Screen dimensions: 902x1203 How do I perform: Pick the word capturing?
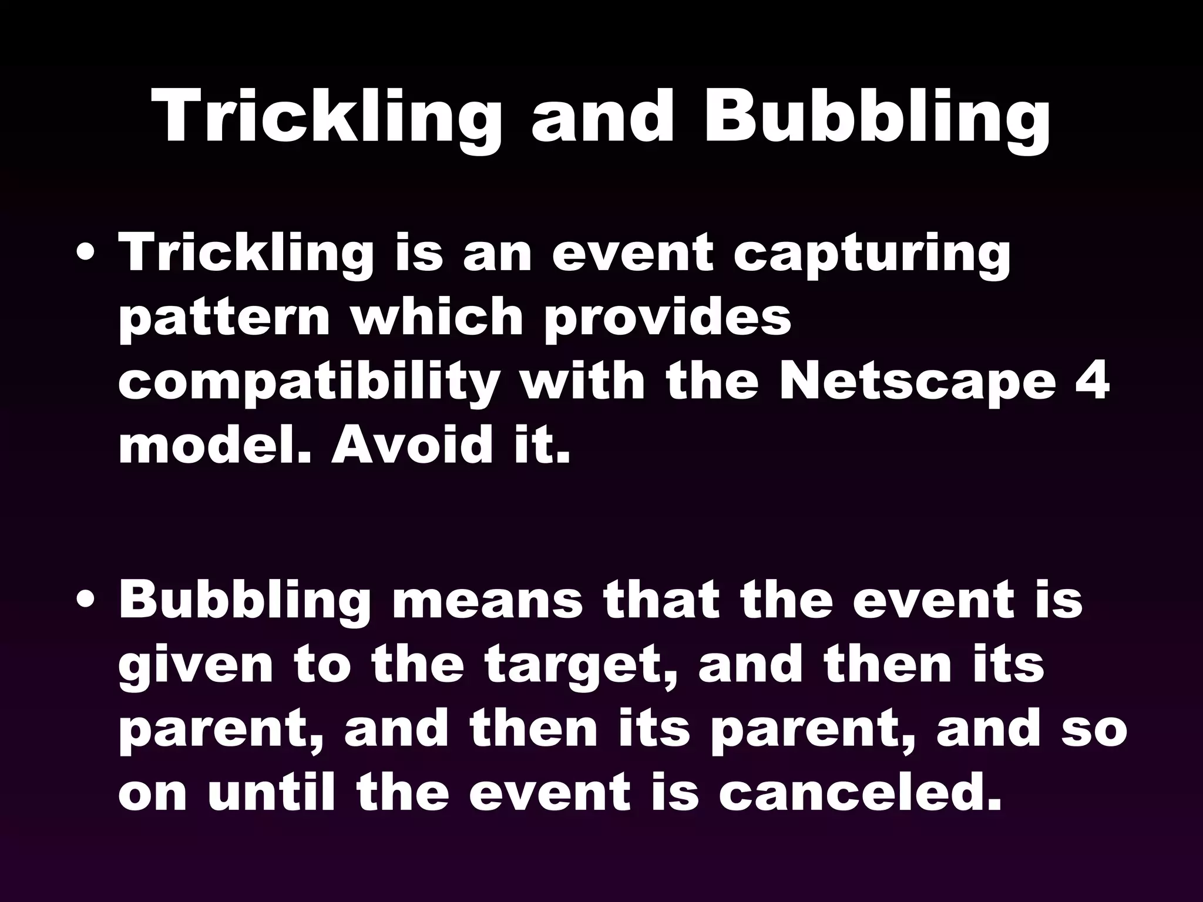pyautogui.click(x=872, y=256)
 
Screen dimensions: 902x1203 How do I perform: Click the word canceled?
pyautogui.click(x=860, y=793)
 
